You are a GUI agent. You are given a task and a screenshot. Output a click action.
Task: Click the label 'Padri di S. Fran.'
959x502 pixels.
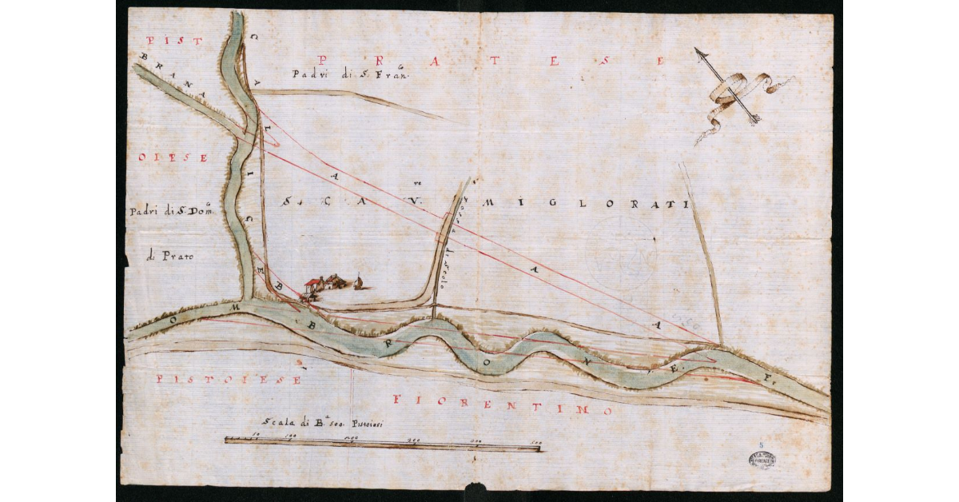click(x=350, y=74)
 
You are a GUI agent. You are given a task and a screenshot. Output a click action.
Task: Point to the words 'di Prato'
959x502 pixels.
click(x=165, y=257)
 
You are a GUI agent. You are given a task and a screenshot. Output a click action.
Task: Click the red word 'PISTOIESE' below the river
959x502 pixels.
click(x=229, y=380)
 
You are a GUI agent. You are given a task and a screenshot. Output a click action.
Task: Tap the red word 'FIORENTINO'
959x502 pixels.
click(x=503, y=404)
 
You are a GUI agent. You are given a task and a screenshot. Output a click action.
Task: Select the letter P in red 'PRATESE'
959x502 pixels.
click(x=323, y=60)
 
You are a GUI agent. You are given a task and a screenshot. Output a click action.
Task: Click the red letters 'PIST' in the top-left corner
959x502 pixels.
click(x=162, y=40)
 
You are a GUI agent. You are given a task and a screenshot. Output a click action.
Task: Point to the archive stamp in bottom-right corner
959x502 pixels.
click(x=762, y=459)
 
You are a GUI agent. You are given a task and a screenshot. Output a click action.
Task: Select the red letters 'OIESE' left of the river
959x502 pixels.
click(x=173, y=157)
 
